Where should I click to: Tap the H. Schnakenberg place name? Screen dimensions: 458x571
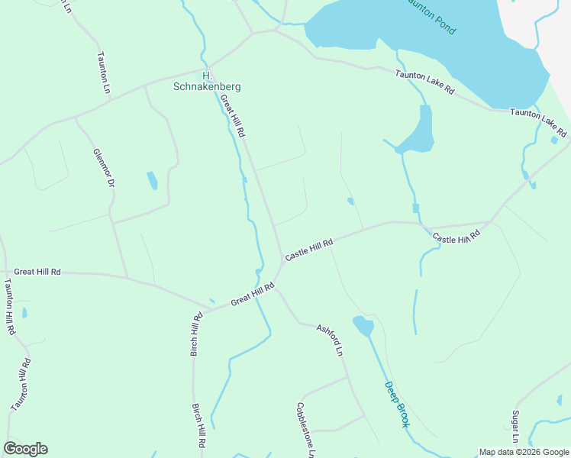coord(206,81)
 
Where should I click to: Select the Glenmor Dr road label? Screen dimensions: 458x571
coord(104,169)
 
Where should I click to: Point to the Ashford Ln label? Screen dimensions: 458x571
coord(331,340)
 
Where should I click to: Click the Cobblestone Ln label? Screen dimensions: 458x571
coord(305,430)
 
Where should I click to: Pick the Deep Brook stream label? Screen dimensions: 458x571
coord(397,404)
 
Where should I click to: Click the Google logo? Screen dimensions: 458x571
coord(25,449)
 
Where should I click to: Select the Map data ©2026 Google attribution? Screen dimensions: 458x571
coord(524,452)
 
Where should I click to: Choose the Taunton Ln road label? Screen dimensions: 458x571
coord(104,73)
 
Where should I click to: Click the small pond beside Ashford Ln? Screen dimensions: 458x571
coord(363,327)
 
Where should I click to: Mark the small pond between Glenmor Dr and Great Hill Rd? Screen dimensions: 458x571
coord(152,180)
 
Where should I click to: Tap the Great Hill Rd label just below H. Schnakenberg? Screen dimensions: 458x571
coord(232,116)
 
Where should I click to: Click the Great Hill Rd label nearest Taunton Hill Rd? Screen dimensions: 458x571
coord(37,271)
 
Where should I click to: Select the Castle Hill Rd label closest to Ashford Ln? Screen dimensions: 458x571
coord(309,250)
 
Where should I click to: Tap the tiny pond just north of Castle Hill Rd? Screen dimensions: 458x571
coord(350,202)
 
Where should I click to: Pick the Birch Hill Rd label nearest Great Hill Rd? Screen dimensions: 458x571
coord(196,334)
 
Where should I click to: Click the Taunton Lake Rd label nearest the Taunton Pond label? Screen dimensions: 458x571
coord(424,82)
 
